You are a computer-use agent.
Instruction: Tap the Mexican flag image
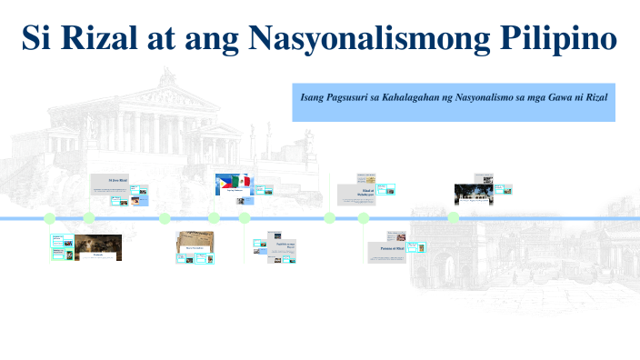242,182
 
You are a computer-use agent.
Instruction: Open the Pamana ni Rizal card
386,247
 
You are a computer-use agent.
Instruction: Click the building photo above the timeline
473,194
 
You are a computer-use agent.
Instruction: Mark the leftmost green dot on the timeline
50,218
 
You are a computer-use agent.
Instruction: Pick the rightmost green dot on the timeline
454,218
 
